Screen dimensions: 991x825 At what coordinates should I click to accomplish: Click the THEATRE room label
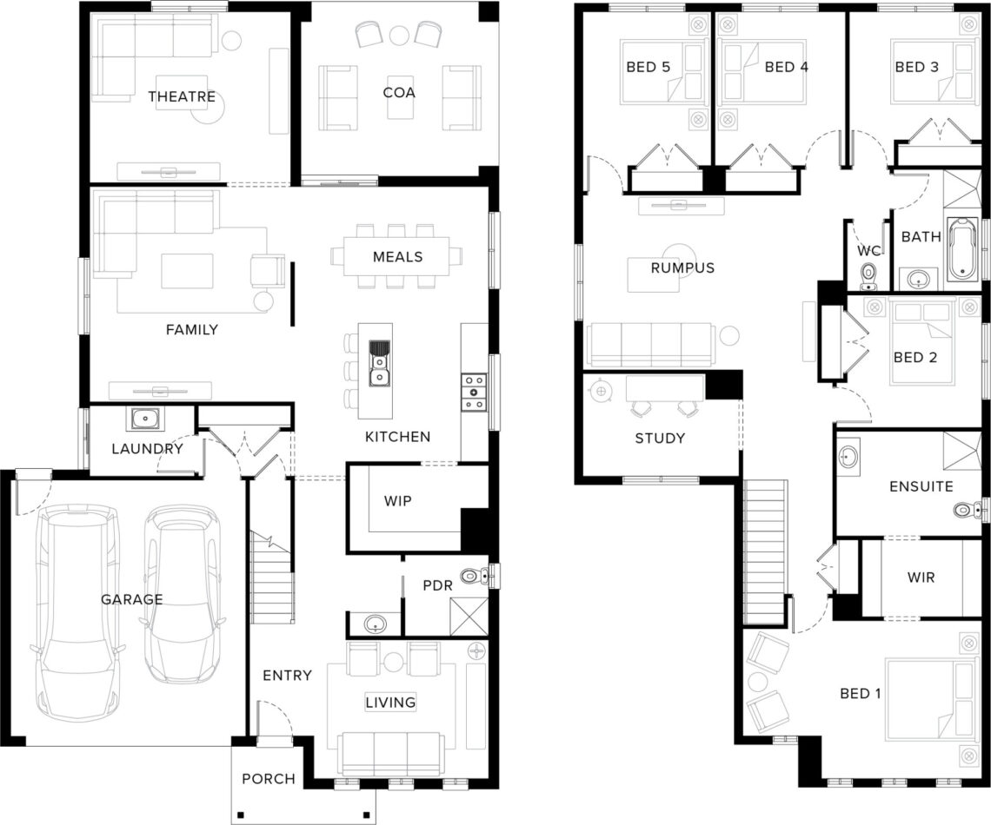[182, 96]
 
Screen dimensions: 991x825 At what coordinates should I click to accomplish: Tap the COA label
[399, 93]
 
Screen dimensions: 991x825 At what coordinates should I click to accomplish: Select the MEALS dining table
[397, 256]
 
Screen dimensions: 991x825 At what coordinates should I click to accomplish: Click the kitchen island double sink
[379, 362]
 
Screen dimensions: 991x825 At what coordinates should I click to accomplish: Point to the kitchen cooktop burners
[474, 392]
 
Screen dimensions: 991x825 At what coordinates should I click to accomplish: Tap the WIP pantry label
[397, 501]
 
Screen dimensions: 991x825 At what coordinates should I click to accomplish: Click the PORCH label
[269, 779]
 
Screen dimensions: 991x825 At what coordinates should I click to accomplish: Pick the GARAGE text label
[132, 599]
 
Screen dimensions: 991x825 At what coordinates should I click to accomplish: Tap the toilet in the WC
[869, 277]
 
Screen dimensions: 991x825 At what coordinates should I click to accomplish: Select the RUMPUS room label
[682, 267]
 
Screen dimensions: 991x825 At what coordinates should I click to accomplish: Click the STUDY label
[660, 438]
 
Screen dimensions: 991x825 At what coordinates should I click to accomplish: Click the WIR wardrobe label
[921, 577]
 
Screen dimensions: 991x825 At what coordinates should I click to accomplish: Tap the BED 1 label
[861, 694]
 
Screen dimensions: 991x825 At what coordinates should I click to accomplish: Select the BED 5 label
[648, 67]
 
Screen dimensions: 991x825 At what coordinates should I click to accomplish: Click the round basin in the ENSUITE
[848, 456]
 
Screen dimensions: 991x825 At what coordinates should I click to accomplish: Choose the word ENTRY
[288, 676]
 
